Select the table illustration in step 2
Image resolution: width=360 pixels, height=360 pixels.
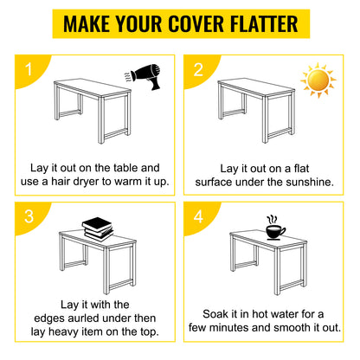254,107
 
